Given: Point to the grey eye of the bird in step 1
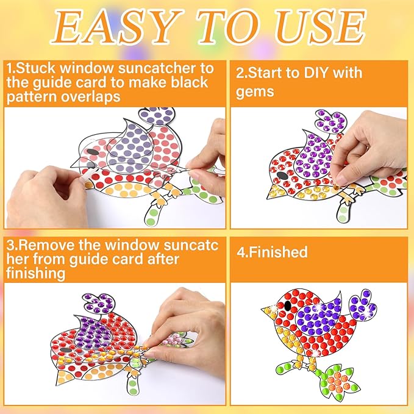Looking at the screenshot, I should click(x=89, y=151).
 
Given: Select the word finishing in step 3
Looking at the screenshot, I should click(x=37, y=274).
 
